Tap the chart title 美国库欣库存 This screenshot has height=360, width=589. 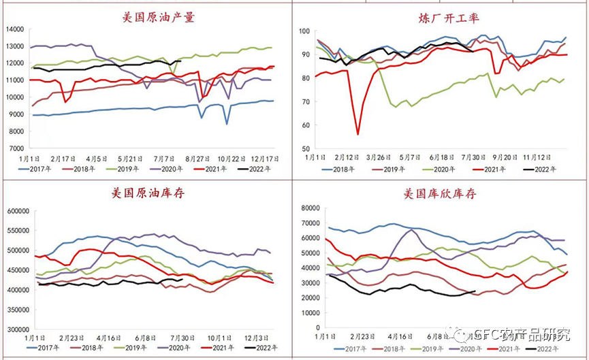click(x=439, y=195)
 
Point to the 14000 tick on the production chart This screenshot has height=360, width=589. click(x=14, y=29)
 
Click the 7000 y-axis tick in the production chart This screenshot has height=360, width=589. click(x=16, y=148)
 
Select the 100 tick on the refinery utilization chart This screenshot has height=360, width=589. click(x=304, y=31)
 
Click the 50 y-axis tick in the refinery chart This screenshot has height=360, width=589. click(x=306, y=148)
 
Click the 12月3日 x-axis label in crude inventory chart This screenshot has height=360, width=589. click(x=255, y=338)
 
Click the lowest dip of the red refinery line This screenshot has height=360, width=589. click(x=357, y=134)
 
